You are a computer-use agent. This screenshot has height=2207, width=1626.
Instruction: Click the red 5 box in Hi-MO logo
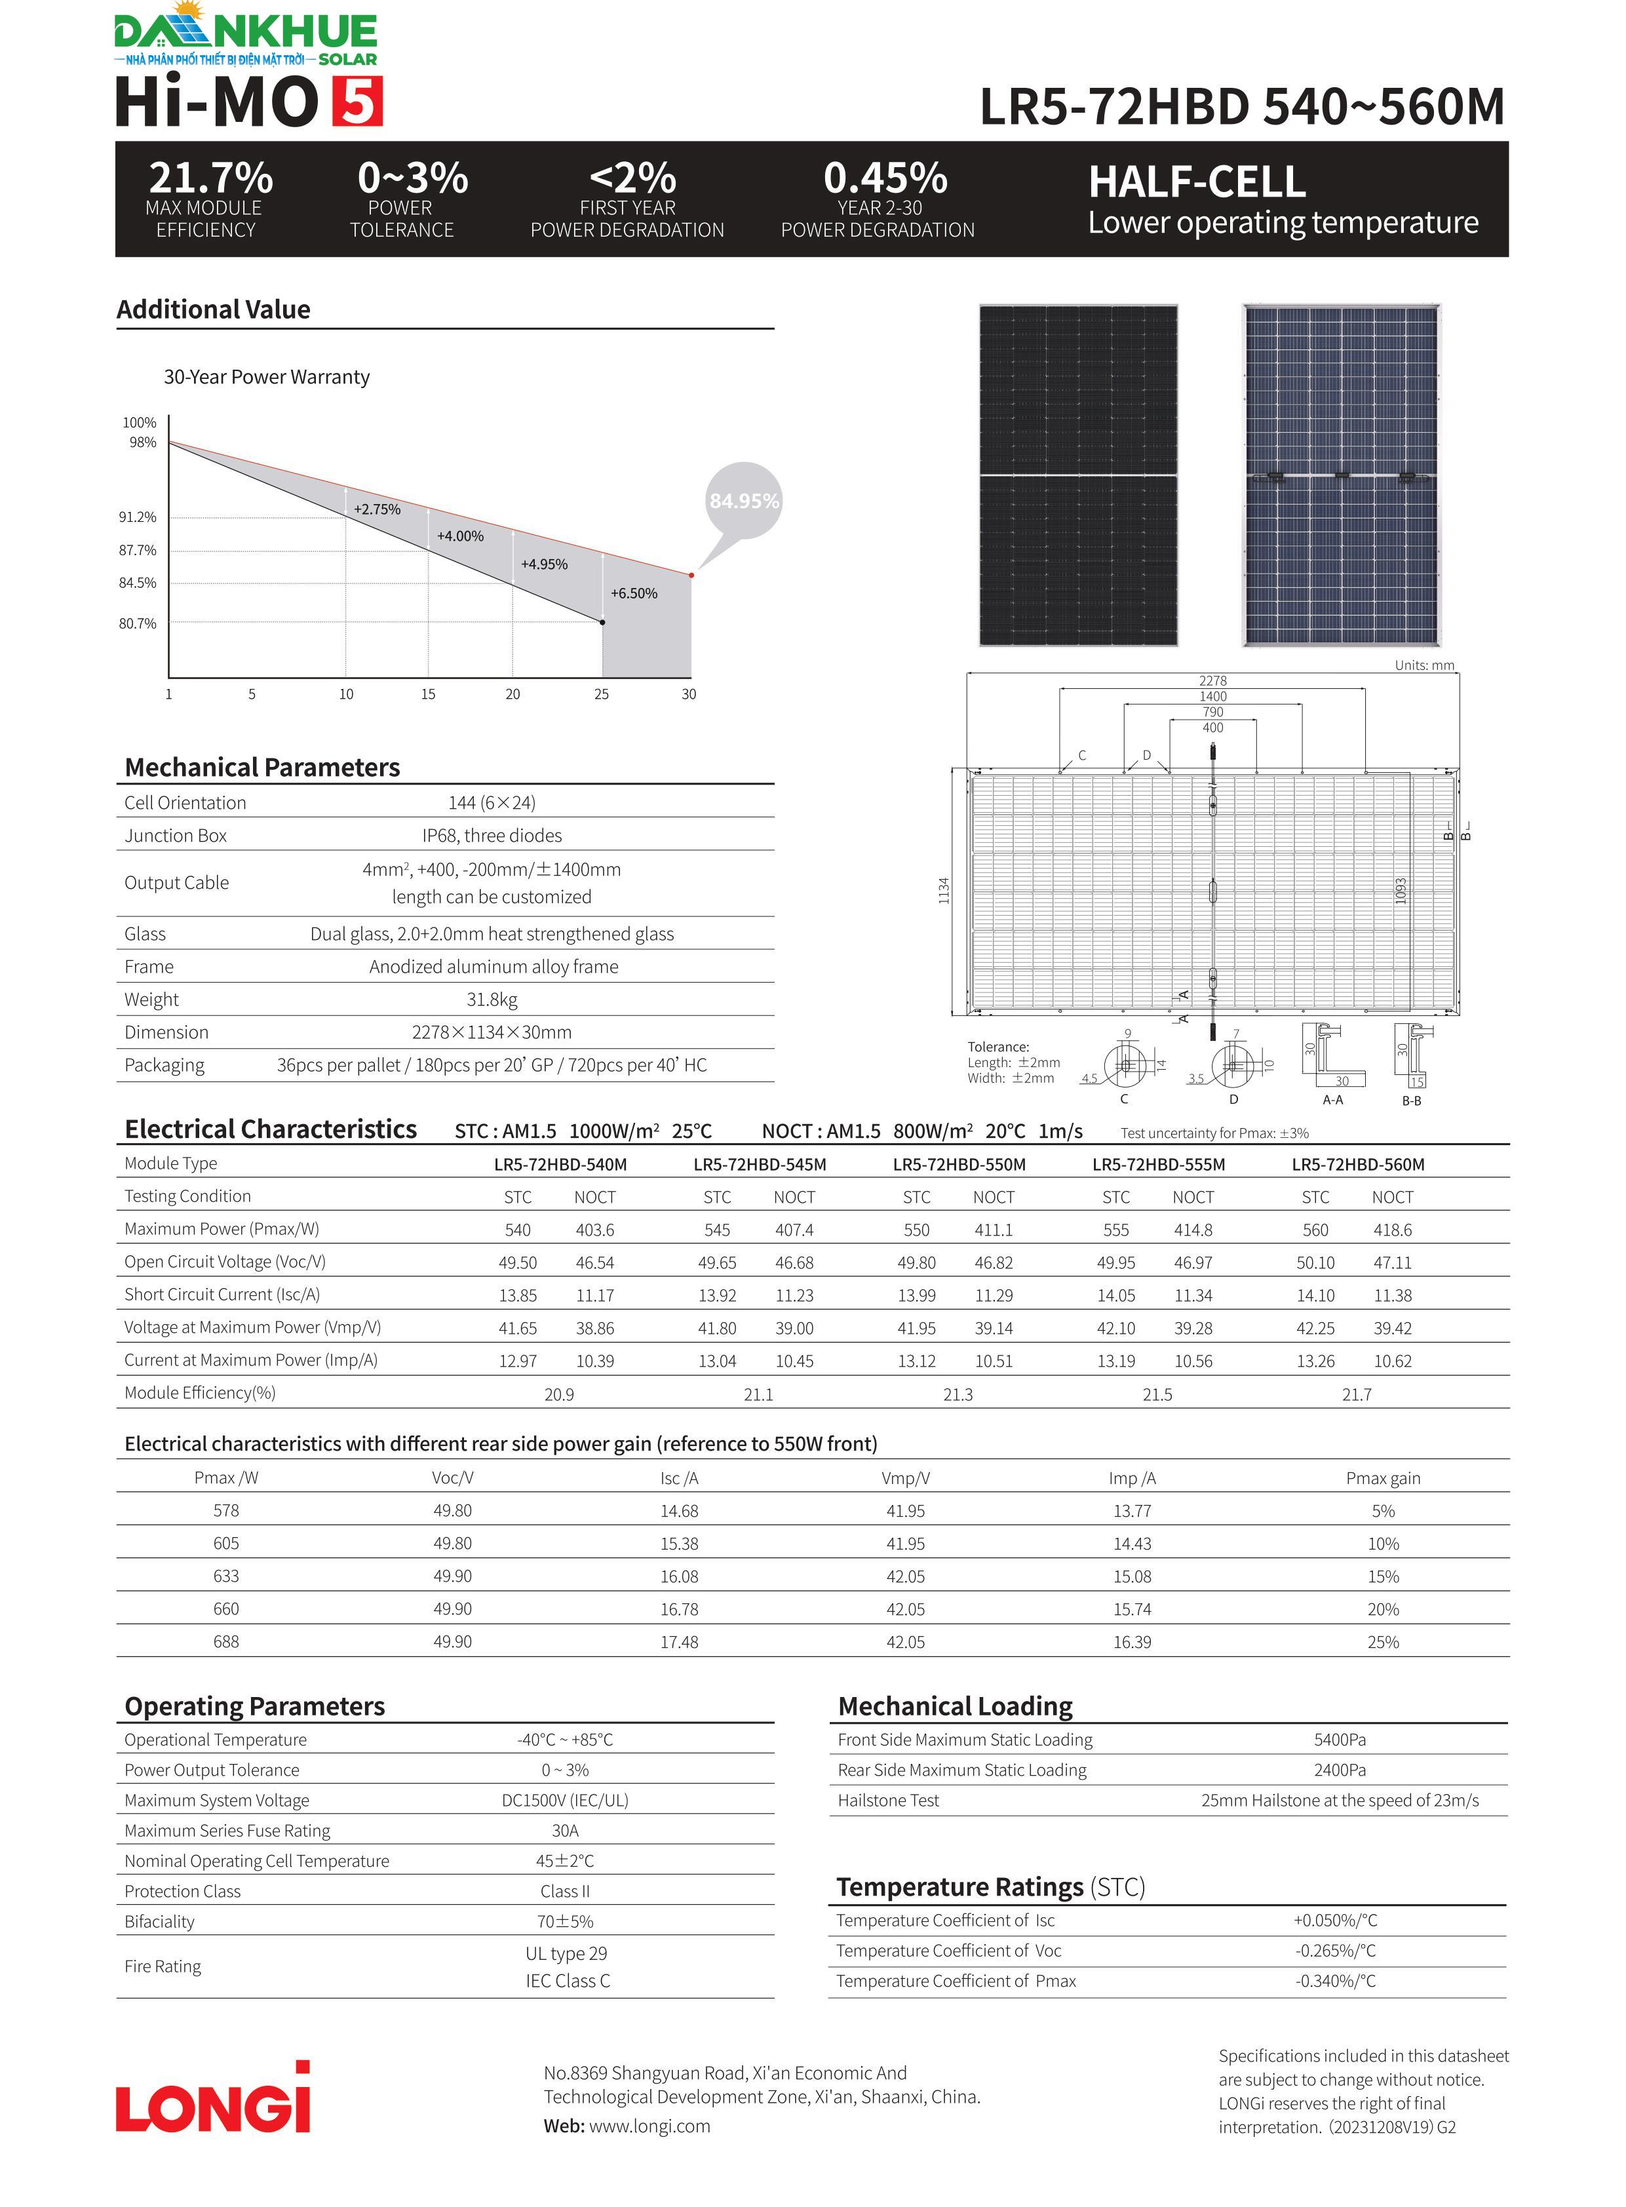(357, 102)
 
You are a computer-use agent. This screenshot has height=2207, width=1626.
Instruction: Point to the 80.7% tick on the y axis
(138, 623)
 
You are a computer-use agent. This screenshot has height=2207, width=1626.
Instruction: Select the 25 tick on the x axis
(602, 694)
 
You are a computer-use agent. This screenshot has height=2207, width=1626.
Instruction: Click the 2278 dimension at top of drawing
(1212, 680)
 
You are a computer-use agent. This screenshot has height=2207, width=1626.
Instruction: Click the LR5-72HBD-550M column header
(959, 1165)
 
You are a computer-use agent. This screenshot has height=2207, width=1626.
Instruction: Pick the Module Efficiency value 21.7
(1357, 1394)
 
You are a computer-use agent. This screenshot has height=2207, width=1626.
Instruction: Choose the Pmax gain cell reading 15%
(1383, 1576)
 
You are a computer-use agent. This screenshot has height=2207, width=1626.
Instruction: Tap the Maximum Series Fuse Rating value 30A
(565, 1831)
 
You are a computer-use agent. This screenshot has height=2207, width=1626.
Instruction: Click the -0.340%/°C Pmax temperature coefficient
(1336, 1981)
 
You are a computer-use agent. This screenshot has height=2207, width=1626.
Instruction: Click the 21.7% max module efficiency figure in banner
(210, 178)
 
